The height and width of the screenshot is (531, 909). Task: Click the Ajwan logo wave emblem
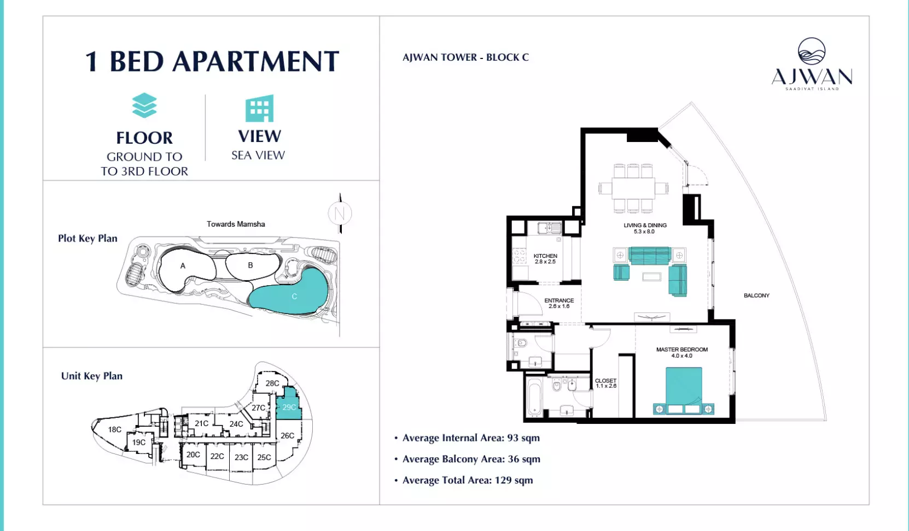(812, 51)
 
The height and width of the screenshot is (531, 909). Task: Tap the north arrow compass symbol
(340, 213)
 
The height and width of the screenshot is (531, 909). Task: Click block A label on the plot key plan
(183, 266)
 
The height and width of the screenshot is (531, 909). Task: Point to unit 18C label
(115, 429)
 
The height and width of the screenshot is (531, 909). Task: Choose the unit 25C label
(264, 457)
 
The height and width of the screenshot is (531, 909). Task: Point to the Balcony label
(756, 296)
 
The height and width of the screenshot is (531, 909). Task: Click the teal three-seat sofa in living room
(650, 256)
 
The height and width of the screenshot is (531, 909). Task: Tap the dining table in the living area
(633, 188)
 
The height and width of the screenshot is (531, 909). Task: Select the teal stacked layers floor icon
(144, 105)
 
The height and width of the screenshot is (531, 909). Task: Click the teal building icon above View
(260, 108)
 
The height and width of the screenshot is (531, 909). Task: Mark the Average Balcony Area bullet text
(471, 459)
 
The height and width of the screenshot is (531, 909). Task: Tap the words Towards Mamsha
(236, 224)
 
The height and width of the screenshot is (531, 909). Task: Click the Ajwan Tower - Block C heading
(465, 57)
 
